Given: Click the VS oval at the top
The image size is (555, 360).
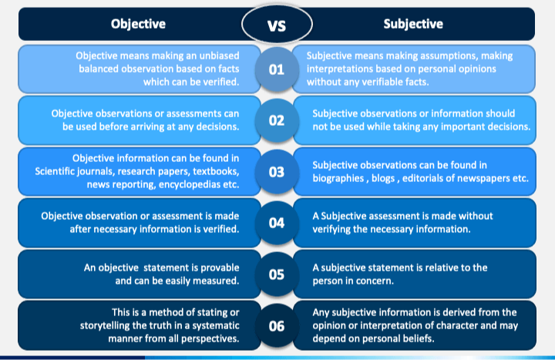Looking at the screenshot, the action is (x=276, y=25).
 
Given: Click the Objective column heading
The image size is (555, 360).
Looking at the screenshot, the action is (x=138, y=24).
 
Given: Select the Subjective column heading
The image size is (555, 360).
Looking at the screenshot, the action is (x=413, y=24).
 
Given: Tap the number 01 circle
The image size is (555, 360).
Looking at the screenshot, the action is (x=277, y=70).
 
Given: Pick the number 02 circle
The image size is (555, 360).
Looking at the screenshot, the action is (x=277, y=120).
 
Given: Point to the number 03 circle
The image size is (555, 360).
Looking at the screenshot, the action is (x=277, y=171).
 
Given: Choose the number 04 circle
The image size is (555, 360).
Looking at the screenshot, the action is (x=277, y=223).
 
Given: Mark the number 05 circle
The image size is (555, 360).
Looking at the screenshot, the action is (x=277, y=274).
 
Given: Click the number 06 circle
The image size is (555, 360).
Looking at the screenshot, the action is (x=277, y=325).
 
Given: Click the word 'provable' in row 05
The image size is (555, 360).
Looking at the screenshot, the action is (x=220, y=267).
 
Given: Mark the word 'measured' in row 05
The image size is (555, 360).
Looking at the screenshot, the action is (x=219, y=281).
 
